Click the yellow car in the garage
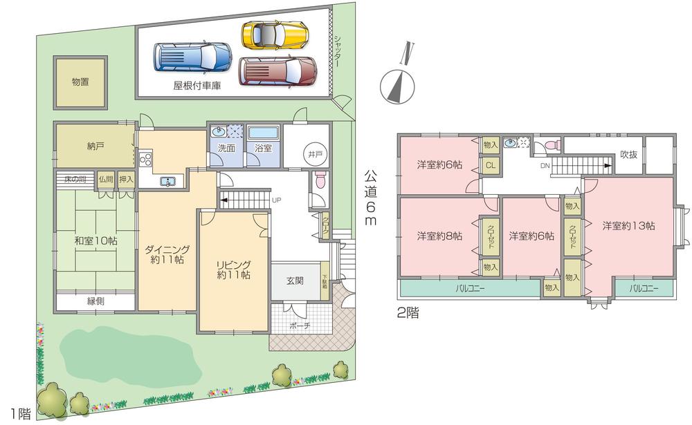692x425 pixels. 274,33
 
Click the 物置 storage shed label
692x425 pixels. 81,82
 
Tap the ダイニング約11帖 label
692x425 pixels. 164,254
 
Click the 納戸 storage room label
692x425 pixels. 95,146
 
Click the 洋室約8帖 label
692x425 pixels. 439,236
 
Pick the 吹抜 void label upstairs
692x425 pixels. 628,154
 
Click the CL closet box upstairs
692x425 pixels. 490,165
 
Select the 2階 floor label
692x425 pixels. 408,312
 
